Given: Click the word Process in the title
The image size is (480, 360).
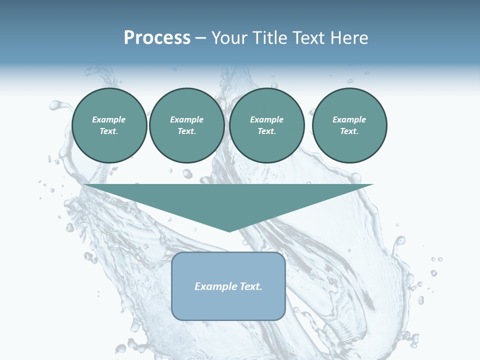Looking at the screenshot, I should pos(157,38).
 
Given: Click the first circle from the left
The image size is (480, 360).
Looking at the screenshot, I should pos(109,125).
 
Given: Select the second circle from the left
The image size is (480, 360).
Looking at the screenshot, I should pos(187,125).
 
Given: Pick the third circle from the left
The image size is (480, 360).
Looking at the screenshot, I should pos(267,125).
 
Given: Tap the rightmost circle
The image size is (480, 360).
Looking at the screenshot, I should pos(349,125).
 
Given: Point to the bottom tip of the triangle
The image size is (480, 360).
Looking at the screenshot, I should pos(229,231).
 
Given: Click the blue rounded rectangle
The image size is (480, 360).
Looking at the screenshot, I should pos(228,300).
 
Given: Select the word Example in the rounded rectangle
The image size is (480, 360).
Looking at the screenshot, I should pos(214,286).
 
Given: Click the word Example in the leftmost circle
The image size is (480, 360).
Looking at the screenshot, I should pos(109,119).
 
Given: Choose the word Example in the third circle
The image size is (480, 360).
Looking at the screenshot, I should pos(266,119).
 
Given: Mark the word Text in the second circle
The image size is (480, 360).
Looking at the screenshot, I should pos(186,131).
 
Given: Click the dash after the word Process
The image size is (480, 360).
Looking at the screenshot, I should pos(201,38).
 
